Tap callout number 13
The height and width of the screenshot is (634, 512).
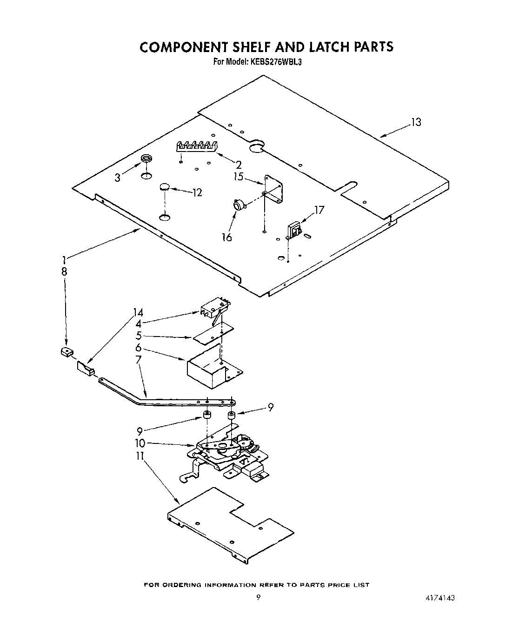(415, 122)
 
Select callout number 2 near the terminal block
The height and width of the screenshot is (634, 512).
(239, 164)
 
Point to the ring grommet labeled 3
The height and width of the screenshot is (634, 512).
(147, 159)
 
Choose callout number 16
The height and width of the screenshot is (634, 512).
(226, 237)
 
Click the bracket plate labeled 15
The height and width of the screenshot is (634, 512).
(273, 188)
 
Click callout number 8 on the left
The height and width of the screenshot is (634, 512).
(64, 272)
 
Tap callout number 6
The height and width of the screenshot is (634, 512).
(139, 348)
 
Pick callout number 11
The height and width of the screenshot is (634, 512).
(140, 456)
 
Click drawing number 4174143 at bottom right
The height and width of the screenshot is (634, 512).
(438, 598)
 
